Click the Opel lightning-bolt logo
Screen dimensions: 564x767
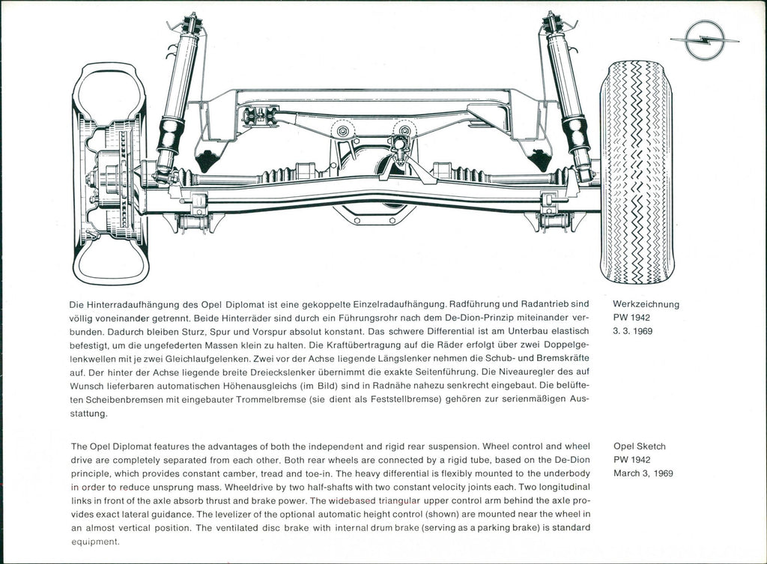tap(705, 40)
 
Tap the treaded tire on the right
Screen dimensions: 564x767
tap(637, 172)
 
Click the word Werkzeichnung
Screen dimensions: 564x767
tap(646, 304)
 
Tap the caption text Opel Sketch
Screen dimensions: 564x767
tap(639, 446)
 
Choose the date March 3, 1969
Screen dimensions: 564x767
tap(643, 473)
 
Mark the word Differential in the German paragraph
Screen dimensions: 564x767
tap(415, 332)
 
